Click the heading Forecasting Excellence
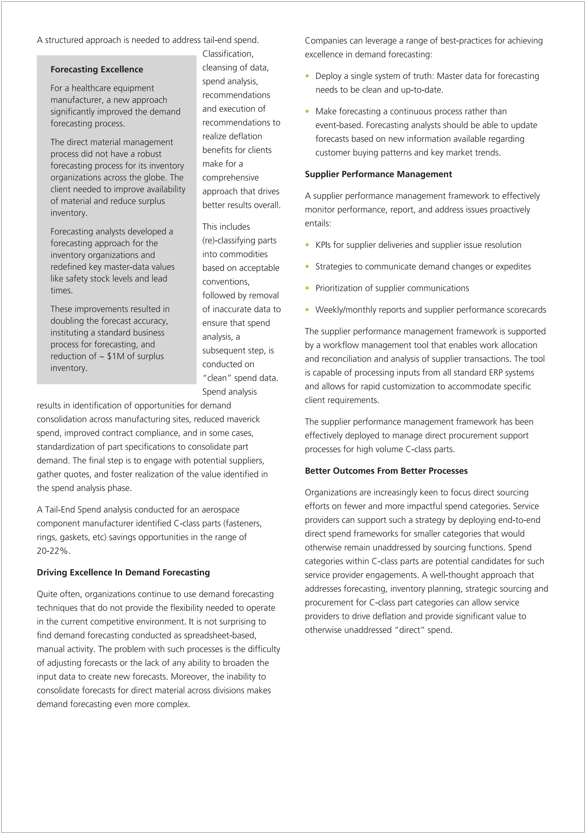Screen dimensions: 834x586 point(97,69)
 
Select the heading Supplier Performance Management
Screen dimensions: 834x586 point(378,174)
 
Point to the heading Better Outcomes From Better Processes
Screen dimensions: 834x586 point(386,470)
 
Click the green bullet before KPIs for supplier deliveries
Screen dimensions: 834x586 point(307,245)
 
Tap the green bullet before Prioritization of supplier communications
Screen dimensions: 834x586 point(307,288)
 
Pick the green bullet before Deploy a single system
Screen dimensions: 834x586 point(307,76)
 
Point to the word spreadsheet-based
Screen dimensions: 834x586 point(220,635)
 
